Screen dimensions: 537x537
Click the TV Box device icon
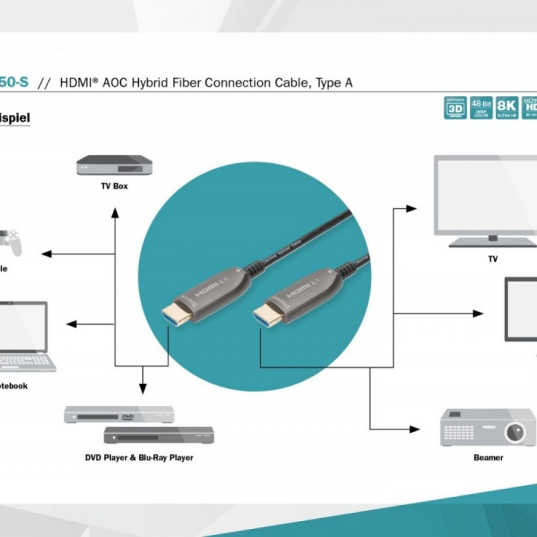(x=114, y=164)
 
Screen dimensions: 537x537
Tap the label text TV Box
(x=114, y=186)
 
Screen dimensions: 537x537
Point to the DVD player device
(x=119, y=415)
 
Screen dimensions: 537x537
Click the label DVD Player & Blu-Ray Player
(x=139, y=458)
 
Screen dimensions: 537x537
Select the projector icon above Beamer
(x=487, y=427)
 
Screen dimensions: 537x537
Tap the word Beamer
(x=488, y=458)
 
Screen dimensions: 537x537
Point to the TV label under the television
(x=493, y=258)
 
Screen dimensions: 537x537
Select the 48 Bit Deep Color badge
(x=481, y=108)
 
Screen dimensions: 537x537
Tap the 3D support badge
(x=455, y=108)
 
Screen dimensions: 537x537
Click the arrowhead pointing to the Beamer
(x=413, y=428)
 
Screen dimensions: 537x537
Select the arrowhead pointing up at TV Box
(x=115, y=213)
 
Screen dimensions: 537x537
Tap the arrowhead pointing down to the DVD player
(x=142, y=388)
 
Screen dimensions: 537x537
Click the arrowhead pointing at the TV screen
(x=411, y=209)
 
